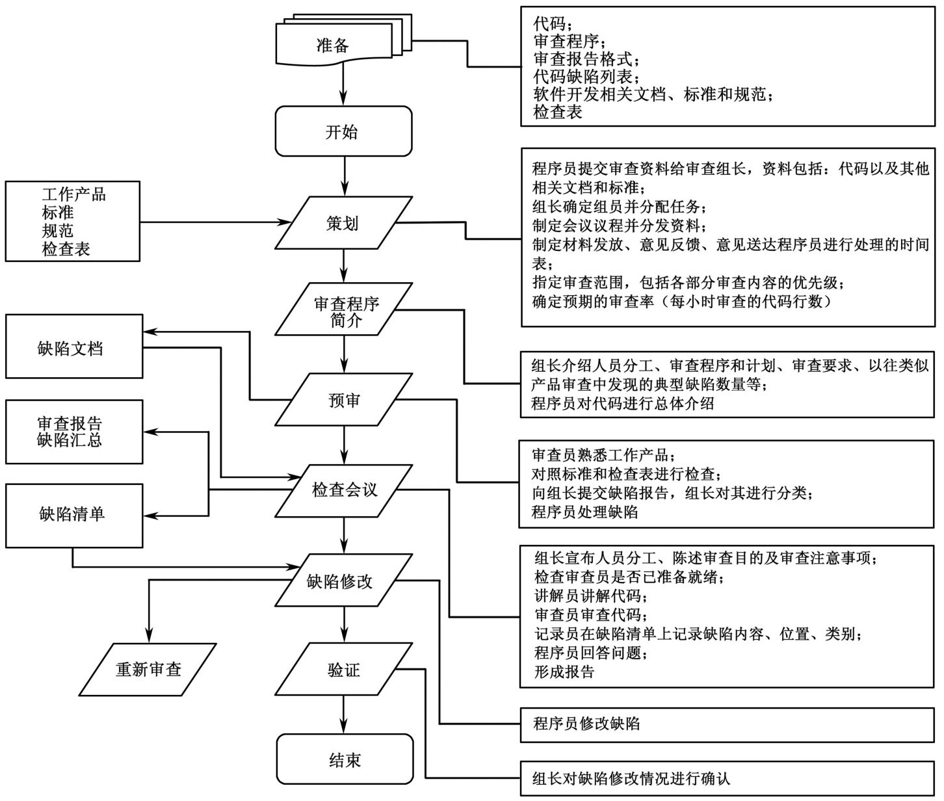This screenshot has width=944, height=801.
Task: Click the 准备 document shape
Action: pyautogui.click(x=333, y=46)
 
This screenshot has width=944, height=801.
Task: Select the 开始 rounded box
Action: pyautogui.click(x=343, y=132)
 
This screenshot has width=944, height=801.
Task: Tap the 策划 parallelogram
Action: pyautogui.click(x=343, y=224)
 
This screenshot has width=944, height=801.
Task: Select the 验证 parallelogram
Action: pyautogui.click(x=343, y=670)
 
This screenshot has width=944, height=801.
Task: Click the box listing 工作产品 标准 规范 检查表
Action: pyautogui.click(x=72, y=221)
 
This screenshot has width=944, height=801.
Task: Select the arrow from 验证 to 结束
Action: pyautogui.click(x=344, y=715)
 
